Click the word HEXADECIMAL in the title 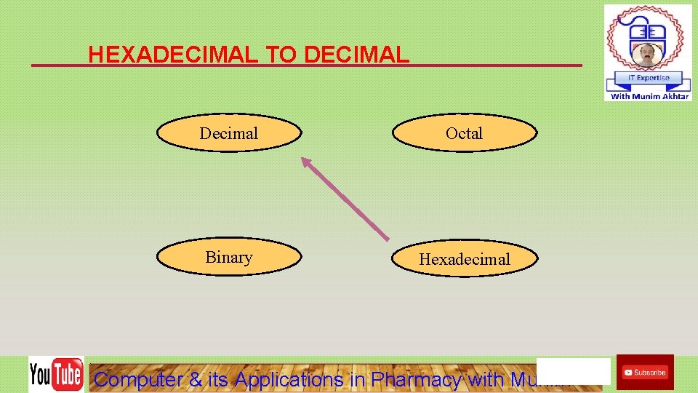[172, 55]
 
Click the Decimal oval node [229, 133]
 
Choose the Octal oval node [465, 133]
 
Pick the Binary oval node [229, 257]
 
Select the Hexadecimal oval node [465, 259]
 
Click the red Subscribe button [645, 372]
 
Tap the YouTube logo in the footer [56, 375]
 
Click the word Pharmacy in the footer [417, 379]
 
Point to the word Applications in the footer [289, 379]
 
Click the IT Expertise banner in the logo [648, 78]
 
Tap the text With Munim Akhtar [649, 96]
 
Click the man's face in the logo [646, 54]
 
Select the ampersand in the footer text [195, 379]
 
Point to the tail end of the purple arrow [387, 239]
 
